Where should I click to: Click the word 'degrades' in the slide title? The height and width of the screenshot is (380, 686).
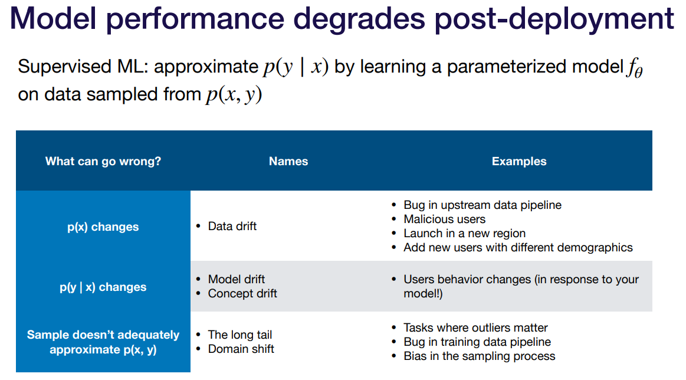[x=359, y=19]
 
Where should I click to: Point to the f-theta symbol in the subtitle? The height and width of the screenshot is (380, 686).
[x=634, y=68]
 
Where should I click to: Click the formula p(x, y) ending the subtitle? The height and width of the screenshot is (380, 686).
[x=234, y=94]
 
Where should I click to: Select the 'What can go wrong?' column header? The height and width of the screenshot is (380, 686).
[x=103, y=161]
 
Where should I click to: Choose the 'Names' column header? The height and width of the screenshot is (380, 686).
[x=288, y=161]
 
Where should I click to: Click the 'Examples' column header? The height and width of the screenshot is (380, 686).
[x=519, y=161]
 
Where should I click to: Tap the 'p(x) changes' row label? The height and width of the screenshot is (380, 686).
[x=103, y=227]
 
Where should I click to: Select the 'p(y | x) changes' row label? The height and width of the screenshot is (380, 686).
[x=103, y=287]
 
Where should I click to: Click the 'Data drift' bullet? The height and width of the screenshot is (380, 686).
[x=232, y=226]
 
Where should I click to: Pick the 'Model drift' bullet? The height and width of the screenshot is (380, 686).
[x=237, y=279]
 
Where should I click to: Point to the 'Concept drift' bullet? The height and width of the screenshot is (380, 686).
[x=242, y=293]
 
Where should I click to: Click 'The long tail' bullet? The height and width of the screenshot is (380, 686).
[x=239, y=335]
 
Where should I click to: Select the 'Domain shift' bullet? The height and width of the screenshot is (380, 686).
[x=241, y=349]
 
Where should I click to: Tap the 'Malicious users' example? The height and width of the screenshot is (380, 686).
[x=445, y=219]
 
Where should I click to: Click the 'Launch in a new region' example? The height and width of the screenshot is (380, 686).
[x=464, y=233]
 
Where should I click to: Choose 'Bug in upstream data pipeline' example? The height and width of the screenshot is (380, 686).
[x=482, y=205]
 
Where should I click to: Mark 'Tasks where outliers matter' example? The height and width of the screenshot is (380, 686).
[x=475, y=327]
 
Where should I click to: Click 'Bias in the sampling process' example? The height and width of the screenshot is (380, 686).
[x=479, y=356]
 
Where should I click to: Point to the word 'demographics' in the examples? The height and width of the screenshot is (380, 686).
[x=595, y=248]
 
